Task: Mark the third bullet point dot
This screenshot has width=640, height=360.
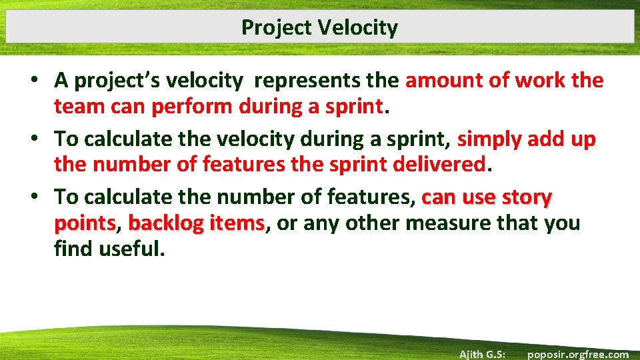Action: pyautogui.click(x=41, y=197)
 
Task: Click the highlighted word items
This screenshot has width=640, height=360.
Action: pyautogui.click(x=237, y=223)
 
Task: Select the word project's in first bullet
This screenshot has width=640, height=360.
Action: pyautogui.click(x=117, y=81)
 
